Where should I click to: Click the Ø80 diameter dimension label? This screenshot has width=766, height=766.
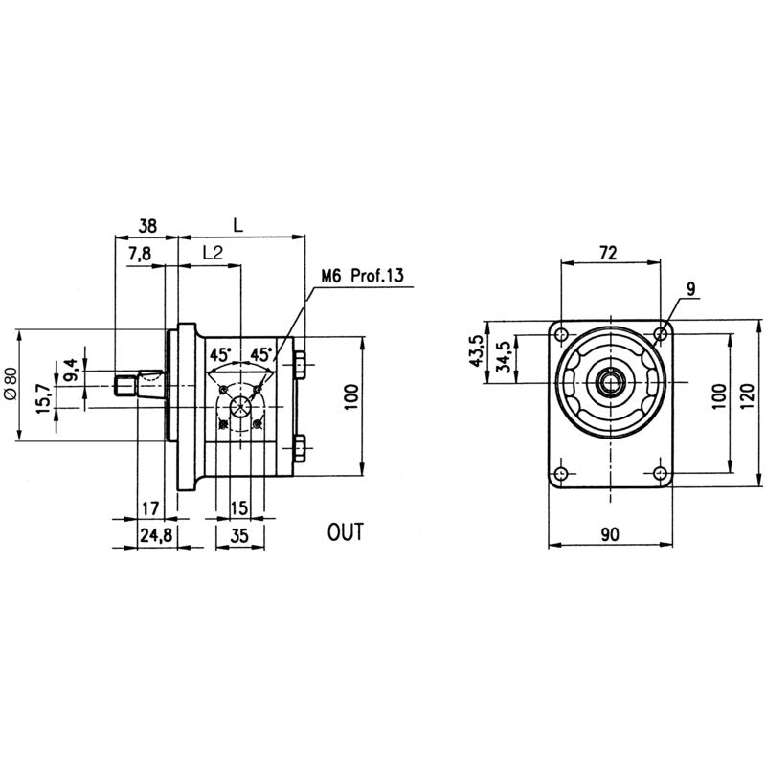[x=11, y=384]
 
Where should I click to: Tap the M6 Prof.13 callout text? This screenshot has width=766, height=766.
[x=363, y=276]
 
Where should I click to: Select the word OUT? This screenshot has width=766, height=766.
[x=346, y=532]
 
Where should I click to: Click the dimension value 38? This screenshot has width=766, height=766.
[x=147, y=226]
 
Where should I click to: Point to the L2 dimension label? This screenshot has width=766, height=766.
[x=213, y=253]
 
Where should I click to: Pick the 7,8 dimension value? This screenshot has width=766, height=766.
[x=140, y=254]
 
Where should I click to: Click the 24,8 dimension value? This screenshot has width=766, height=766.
[x=156, y=536]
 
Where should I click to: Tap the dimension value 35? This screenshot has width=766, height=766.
[x=239, y=536]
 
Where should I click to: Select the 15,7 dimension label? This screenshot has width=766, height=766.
[x=43, y=398]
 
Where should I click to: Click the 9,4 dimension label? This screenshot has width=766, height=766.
[x=70, y=370]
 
